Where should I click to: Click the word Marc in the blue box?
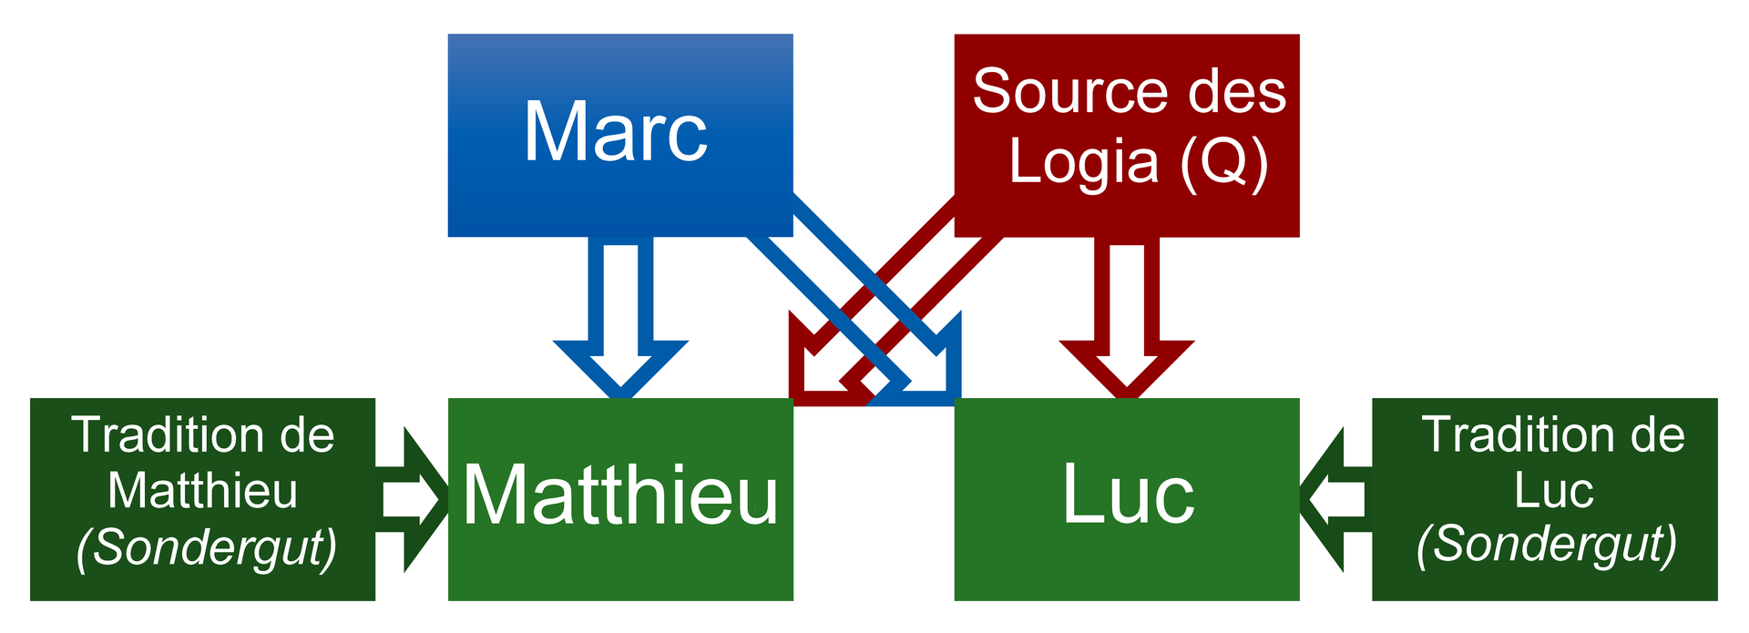click(616, 133)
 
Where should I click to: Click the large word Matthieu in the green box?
click(620, 495)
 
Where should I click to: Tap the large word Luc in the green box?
click(1128, 495)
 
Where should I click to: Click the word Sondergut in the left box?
click(207, 548)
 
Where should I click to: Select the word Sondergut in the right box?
click(1547, 545)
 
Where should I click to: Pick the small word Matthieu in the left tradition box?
click(202, 492)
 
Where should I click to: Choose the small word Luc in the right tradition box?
click(1553, 491)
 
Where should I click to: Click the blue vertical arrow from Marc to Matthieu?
click(620, 318)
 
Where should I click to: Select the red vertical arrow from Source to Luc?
click(1127, 318)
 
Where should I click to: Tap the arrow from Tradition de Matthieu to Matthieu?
click(412, 499)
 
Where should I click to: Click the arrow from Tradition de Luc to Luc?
click(1335, 499)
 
